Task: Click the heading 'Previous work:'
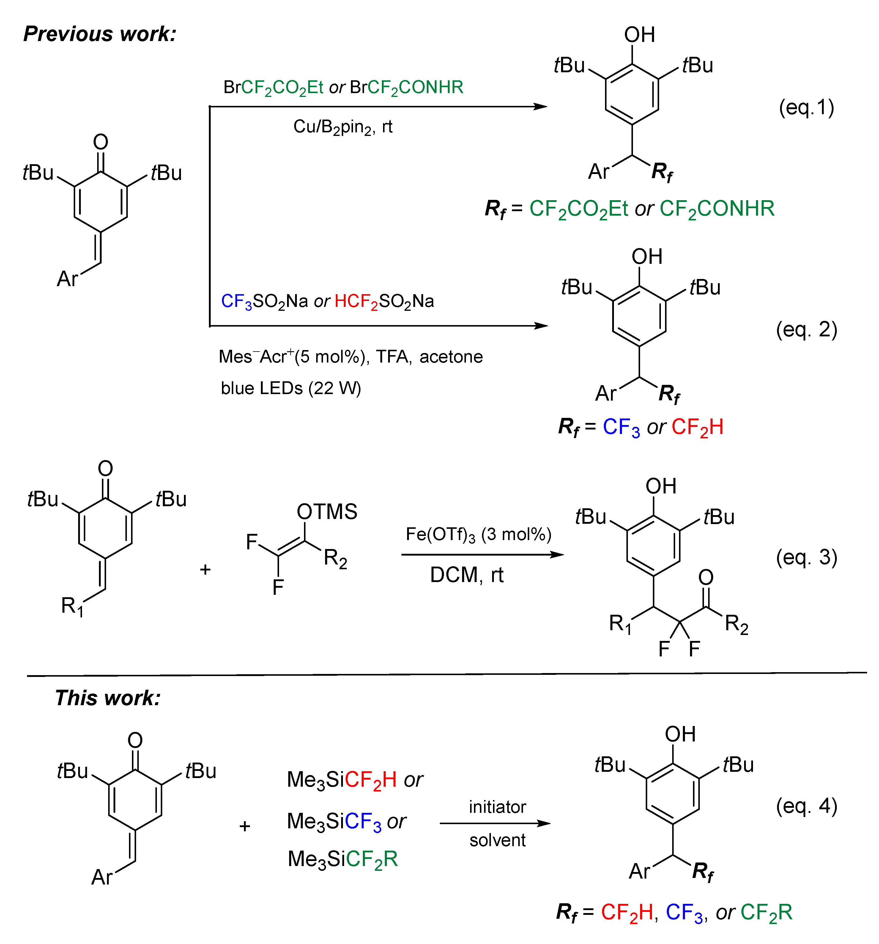[100, 34]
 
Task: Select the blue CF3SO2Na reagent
[264, 302]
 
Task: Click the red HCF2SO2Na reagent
[384, 302]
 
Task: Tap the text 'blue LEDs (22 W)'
[291, 388]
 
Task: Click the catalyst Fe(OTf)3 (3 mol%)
[478, 535]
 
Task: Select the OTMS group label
[327, 512]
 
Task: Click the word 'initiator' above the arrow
[497, 807]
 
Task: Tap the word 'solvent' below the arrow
[497, 840]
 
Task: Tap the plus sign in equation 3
[205, 569]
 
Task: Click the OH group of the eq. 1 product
[639, 35]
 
